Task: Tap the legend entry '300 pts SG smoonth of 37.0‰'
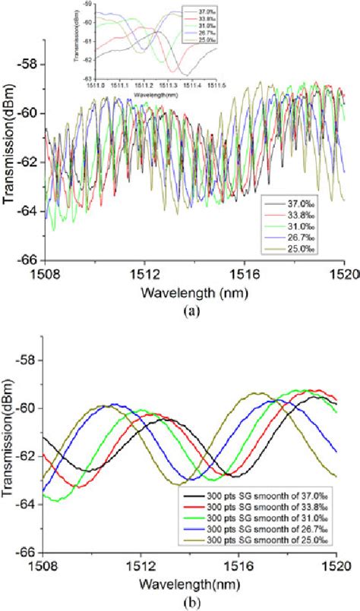pos(262,496)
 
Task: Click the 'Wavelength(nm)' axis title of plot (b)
pos(188,580)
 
